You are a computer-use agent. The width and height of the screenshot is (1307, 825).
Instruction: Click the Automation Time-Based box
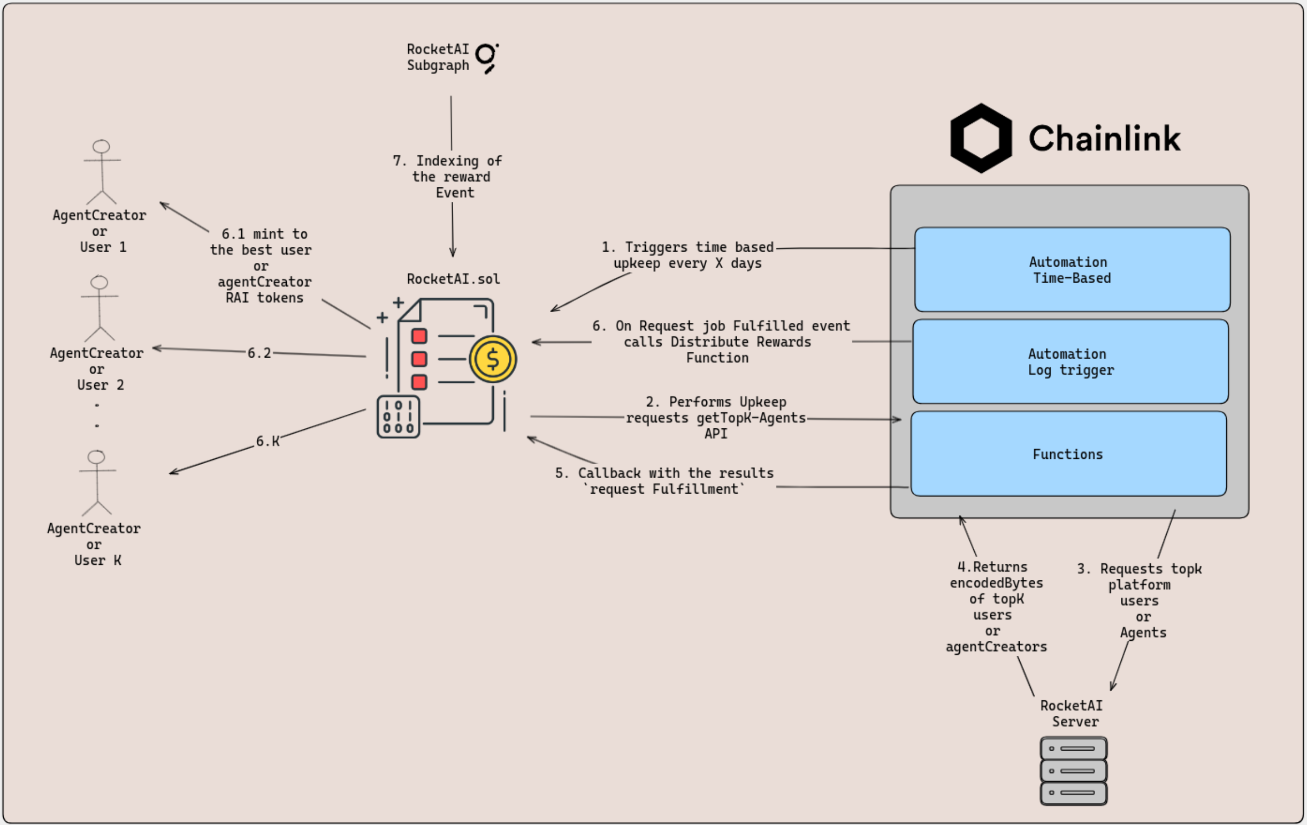pyautogui.click(x=1072, y=269)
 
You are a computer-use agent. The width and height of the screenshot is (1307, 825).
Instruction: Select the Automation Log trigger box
pyautogui.click(x=1071, y=362)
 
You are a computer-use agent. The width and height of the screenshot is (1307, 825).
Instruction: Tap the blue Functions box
pyautogui.click(x=1068, y=454)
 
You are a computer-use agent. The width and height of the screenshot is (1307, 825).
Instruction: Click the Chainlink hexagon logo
pyautogui.click(x=981, y=138)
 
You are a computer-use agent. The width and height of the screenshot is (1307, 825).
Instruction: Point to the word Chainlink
pyautogui.click(x=1105, y=139)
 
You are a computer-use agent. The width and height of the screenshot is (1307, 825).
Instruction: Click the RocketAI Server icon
pyautogui.click(x=1073, y=771)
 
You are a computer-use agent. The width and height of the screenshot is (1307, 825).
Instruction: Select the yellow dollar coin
pyautogui.click(x=493, y=359)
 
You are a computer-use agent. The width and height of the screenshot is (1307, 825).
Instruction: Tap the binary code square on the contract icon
pyautogui.click(x=399, y=417)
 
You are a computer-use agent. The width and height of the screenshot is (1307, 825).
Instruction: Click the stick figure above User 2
pyautogui.click(x=100, y=308)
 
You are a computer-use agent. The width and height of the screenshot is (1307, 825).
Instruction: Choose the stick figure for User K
pyautogui.click(x=97, y=483)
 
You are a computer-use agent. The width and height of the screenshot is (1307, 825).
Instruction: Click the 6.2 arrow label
pyautogui.click(x=259, y=353)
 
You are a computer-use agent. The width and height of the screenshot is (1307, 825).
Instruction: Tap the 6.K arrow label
pyautogui.click(x=267, y=441)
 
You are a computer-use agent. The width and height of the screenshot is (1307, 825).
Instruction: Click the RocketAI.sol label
pyautogui.click(x=453, y=279)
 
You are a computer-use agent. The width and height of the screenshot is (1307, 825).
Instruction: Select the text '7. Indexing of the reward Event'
pyautogui.click(x=448, y=177)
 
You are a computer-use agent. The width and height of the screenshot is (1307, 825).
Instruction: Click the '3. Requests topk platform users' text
pyautogui.click(x=1140, y=600)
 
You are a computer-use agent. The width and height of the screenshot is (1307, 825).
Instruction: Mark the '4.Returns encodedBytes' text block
pyautogui.click(x=996, y=607)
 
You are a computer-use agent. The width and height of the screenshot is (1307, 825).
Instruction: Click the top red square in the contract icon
pyautogui.click(x=419, y=336)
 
